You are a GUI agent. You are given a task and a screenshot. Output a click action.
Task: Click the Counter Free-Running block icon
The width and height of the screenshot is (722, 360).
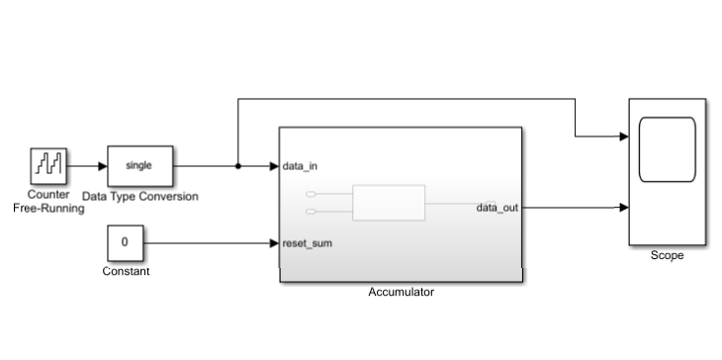click(x=47, y=166)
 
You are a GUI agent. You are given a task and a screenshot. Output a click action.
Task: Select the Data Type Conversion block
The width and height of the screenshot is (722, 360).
click(x=139, y=166)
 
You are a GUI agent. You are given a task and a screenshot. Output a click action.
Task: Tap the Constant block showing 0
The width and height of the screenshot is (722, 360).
click(x=125, y=241)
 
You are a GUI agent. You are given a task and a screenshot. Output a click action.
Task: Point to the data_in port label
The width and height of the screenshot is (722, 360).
click(x=300, y=166)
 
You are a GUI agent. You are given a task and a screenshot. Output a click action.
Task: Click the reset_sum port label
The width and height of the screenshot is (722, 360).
click(x=307, y=242)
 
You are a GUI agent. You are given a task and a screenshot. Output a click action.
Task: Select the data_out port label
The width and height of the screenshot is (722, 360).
click(x=497, y=208)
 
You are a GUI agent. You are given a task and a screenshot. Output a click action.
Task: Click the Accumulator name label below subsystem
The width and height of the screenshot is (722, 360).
click(x=401, y=292)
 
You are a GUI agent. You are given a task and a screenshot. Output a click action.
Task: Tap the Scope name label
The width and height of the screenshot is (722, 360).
click(x=667, y=255)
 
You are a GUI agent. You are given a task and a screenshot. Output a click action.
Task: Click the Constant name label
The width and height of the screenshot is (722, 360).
click(x=126, y=271)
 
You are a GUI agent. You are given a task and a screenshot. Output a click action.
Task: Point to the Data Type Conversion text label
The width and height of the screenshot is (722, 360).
click(x=139, y=196)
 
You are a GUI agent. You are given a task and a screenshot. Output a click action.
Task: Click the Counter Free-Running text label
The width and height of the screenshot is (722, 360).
click(x=47, y=202)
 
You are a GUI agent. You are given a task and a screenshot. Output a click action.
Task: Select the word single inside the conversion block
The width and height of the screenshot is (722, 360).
click(x=139, y=165)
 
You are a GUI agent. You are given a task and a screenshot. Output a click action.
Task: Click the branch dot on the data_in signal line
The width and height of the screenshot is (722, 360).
click(x=237, y=166)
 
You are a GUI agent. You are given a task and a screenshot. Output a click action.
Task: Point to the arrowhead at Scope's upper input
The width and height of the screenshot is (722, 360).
click(x=623, y=136)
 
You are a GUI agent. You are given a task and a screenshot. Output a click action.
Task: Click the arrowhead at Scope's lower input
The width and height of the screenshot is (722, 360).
click(x=623, y=208)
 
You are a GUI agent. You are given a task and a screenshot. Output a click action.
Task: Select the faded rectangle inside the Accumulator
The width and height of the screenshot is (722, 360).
click(x=389, y=202)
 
